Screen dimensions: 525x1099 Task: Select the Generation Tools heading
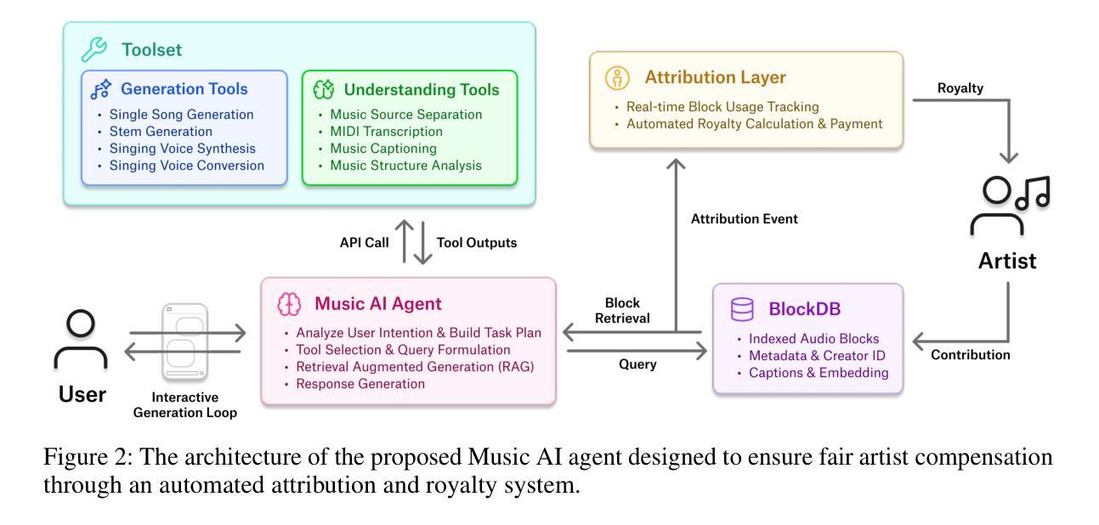[183, 89]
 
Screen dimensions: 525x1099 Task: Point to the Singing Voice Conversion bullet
[187, 165]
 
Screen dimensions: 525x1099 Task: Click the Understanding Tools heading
[421, 89]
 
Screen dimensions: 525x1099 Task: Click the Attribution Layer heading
[714, 77]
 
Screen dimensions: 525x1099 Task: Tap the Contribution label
[970, 355]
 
